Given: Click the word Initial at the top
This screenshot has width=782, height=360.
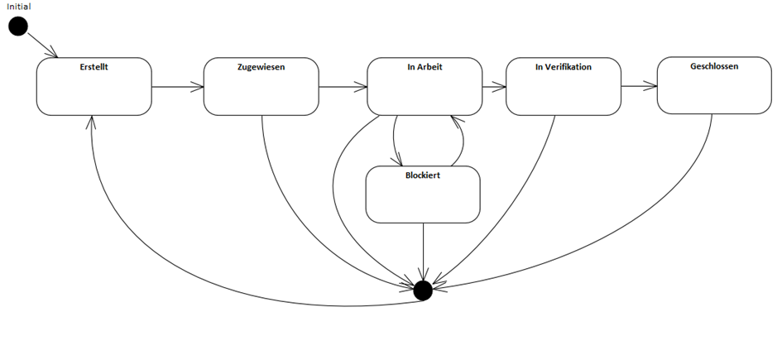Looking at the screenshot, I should pos(18,7).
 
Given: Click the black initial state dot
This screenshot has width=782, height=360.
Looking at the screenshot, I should pos(18,27).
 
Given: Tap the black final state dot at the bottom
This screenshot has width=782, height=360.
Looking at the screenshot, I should pos(423,290).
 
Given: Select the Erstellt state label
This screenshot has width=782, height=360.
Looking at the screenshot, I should pos(94,67).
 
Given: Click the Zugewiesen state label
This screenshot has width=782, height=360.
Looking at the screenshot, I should pos(261,67).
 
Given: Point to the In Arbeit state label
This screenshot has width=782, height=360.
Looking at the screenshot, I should pos(425,67).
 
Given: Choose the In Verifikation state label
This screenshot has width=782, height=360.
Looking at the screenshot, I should pos(563,67).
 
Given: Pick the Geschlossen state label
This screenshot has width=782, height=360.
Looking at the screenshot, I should pos(713,66).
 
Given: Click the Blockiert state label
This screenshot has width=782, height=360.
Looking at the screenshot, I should pos(422,175).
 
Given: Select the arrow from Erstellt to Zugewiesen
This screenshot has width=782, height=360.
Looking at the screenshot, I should pos(178,86).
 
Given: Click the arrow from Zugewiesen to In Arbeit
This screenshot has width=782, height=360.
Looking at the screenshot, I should pos(343,86).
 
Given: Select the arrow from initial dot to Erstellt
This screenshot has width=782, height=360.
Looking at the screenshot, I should pos(41,46).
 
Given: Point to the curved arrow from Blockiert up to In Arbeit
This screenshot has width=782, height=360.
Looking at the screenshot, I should pos(462,141).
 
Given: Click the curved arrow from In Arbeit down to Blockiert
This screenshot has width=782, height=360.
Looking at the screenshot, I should pos(394,141).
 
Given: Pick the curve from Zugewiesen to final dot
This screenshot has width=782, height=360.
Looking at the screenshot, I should pos(306,215).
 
